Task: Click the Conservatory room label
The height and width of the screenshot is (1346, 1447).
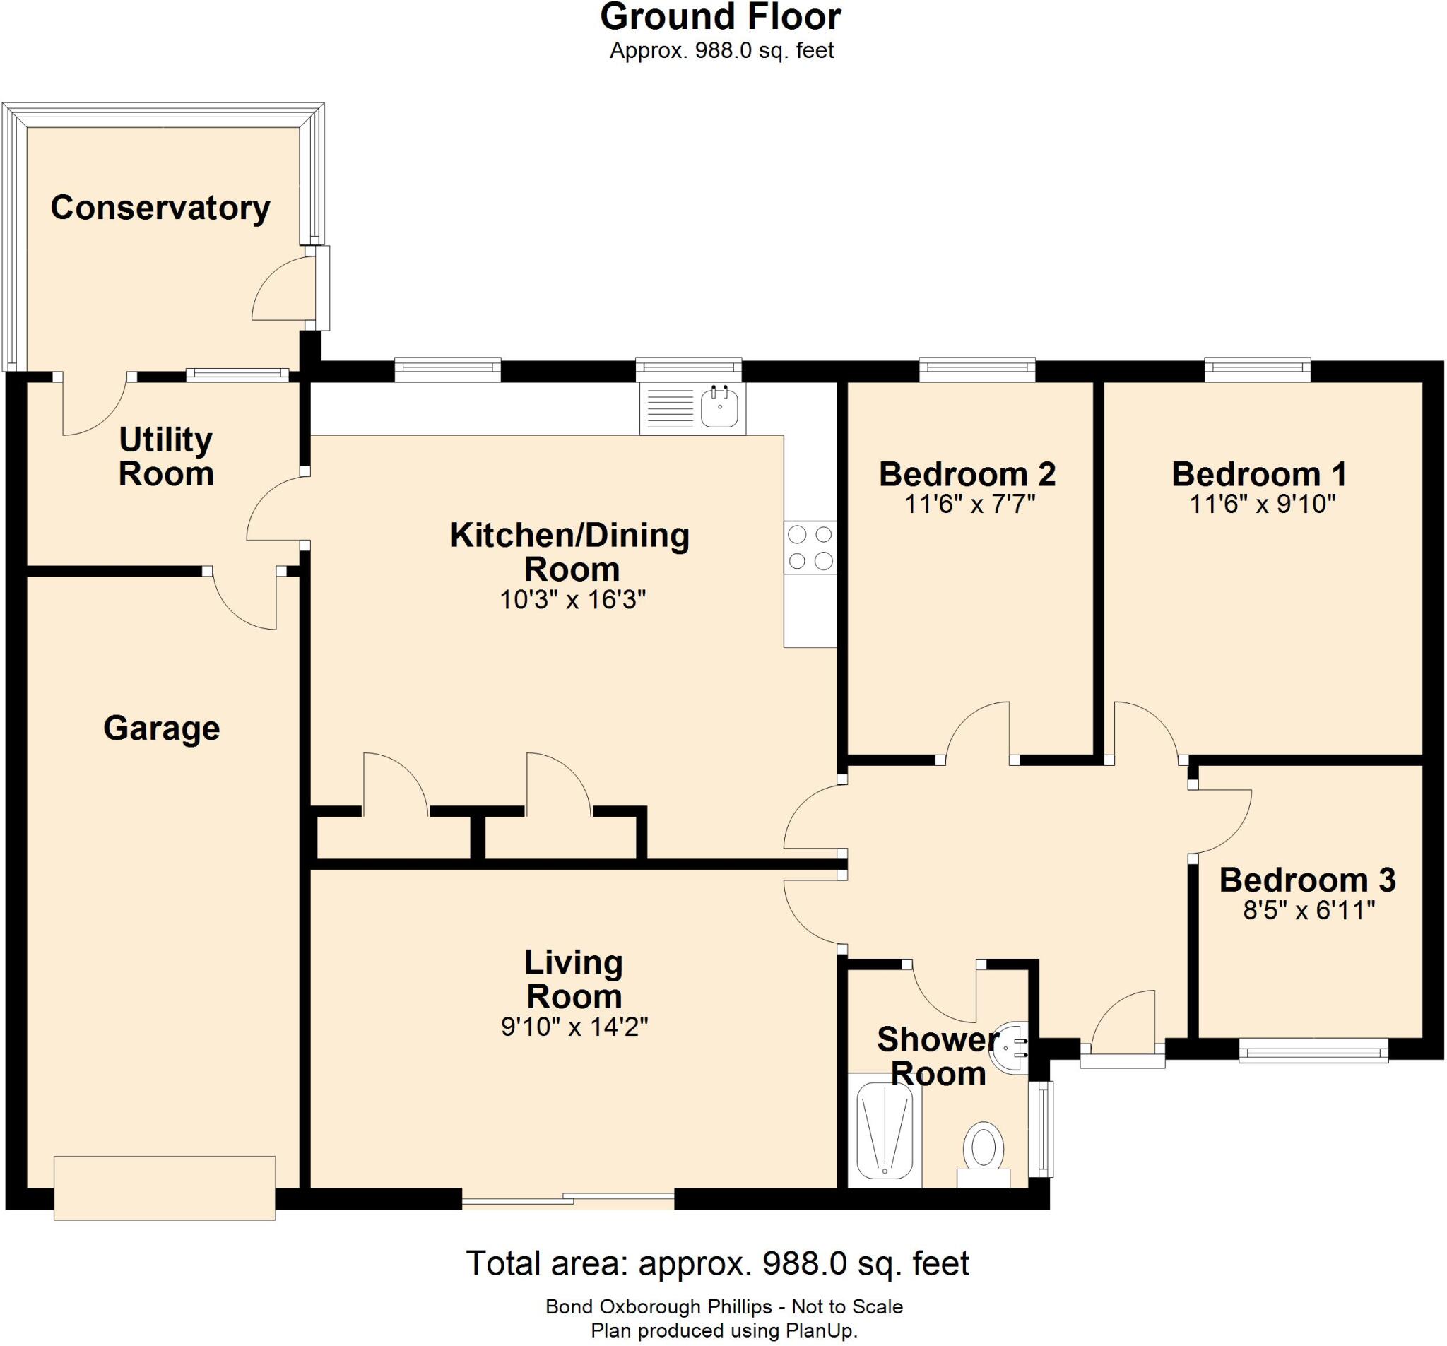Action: tap(160, 208)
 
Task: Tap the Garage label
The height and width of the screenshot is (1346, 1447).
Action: tap(162, 728)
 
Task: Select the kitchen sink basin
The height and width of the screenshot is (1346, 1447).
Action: tap(720, 407)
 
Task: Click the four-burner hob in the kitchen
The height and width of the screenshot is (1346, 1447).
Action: tap(810, 548)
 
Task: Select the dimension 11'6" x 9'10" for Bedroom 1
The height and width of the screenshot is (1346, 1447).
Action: tap(1262, 504)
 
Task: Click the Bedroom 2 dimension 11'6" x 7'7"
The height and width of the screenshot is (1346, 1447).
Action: tap(969, 504)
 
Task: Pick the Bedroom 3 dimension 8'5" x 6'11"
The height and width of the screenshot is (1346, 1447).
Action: tap(1309, 910)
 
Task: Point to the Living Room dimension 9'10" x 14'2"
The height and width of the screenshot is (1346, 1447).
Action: tap(574, 1027)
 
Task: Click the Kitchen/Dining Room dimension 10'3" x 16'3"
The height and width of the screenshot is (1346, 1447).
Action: tap(573, 600)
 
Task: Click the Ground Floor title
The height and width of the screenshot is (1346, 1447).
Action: tap(721, 18)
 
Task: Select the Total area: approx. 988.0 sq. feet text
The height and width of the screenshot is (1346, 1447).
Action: tap(717, 1263)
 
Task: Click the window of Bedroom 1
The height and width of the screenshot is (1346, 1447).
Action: tap(1258, 369)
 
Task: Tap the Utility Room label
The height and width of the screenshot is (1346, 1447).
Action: tap(166, 456)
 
